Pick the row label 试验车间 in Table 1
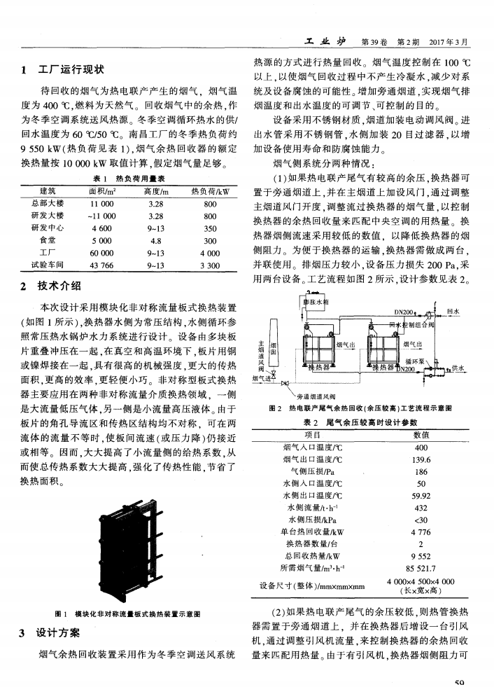click(48, 265)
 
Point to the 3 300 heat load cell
click(211, 265)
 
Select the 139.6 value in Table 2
click(421, 460)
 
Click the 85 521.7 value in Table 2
click(421, 567)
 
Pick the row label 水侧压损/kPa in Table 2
click(311, 519)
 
